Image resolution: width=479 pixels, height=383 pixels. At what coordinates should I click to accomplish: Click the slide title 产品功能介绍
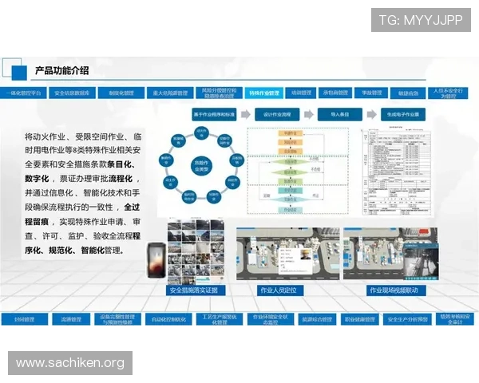click(61, 71)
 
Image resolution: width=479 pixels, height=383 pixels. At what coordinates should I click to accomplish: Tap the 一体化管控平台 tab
click(24, 93)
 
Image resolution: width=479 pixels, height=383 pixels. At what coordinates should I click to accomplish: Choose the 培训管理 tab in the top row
click(301, 93)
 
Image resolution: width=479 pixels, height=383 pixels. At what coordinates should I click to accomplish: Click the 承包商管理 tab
click(335, 93)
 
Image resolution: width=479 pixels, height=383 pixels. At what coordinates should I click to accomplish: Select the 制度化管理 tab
click(121, 93)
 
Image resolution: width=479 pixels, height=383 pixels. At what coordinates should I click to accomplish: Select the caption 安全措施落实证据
click(192, 290)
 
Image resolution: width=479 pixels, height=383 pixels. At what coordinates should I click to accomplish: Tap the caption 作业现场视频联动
click(393, 290)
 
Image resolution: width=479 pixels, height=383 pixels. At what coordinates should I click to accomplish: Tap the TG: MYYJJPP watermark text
click(421, 19)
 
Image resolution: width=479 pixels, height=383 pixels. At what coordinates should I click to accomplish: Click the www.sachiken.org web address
click(70, 363)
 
